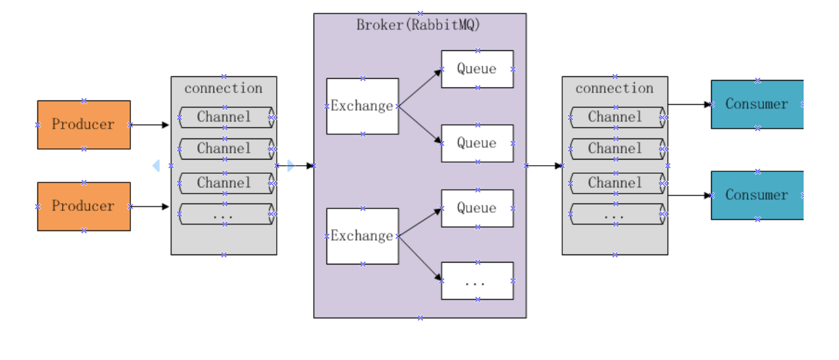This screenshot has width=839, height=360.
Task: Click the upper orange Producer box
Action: [84, 125]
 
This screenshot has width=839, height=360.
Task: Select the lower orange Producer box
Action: [84, 206]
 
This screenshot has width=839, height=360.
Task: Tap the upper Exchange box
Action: [362, 106]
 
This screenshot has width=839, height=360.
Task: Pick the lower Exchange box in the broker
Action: [362, 236]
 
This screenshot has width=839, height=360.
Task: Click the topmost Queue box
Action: [477, 69]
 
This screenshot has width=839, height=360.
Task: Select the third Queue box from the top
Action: [477, 208]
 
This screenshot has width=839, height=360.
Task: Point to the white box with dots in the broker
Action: [477, 281]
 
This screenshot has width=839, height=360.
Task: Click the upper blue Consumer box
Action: [757, 104]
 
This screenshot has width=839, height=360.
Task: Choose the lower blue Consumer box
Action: [757, 195]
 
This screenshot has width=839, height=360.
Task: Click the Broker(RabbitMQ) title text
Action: [419, 25]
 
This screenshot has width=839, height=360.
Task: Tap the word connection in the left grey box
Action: [223, 88]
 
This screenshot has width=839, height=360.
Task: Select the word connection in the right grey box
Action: [614, 88]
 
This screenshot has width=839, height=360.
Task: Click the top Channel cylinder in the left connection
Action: [225, 117]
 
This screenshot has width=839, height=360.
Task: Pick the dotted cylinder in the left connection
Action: [225, 214]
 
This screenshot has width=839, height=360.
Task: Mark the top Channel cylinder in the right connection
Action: [616, 117]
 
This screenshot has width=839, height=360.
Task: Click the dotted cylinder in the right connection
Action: [616, 214]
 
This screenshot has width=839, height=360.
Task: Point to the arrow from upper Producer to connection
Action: [150, 125]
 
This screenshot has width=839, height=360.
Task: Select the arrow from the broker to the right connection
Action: [544, 166]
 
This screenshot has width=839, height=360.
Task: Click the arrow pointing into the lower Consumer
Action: [689, 195]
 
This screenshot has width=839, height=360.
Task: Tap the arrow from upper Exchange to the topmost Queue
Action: [420, 88]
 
